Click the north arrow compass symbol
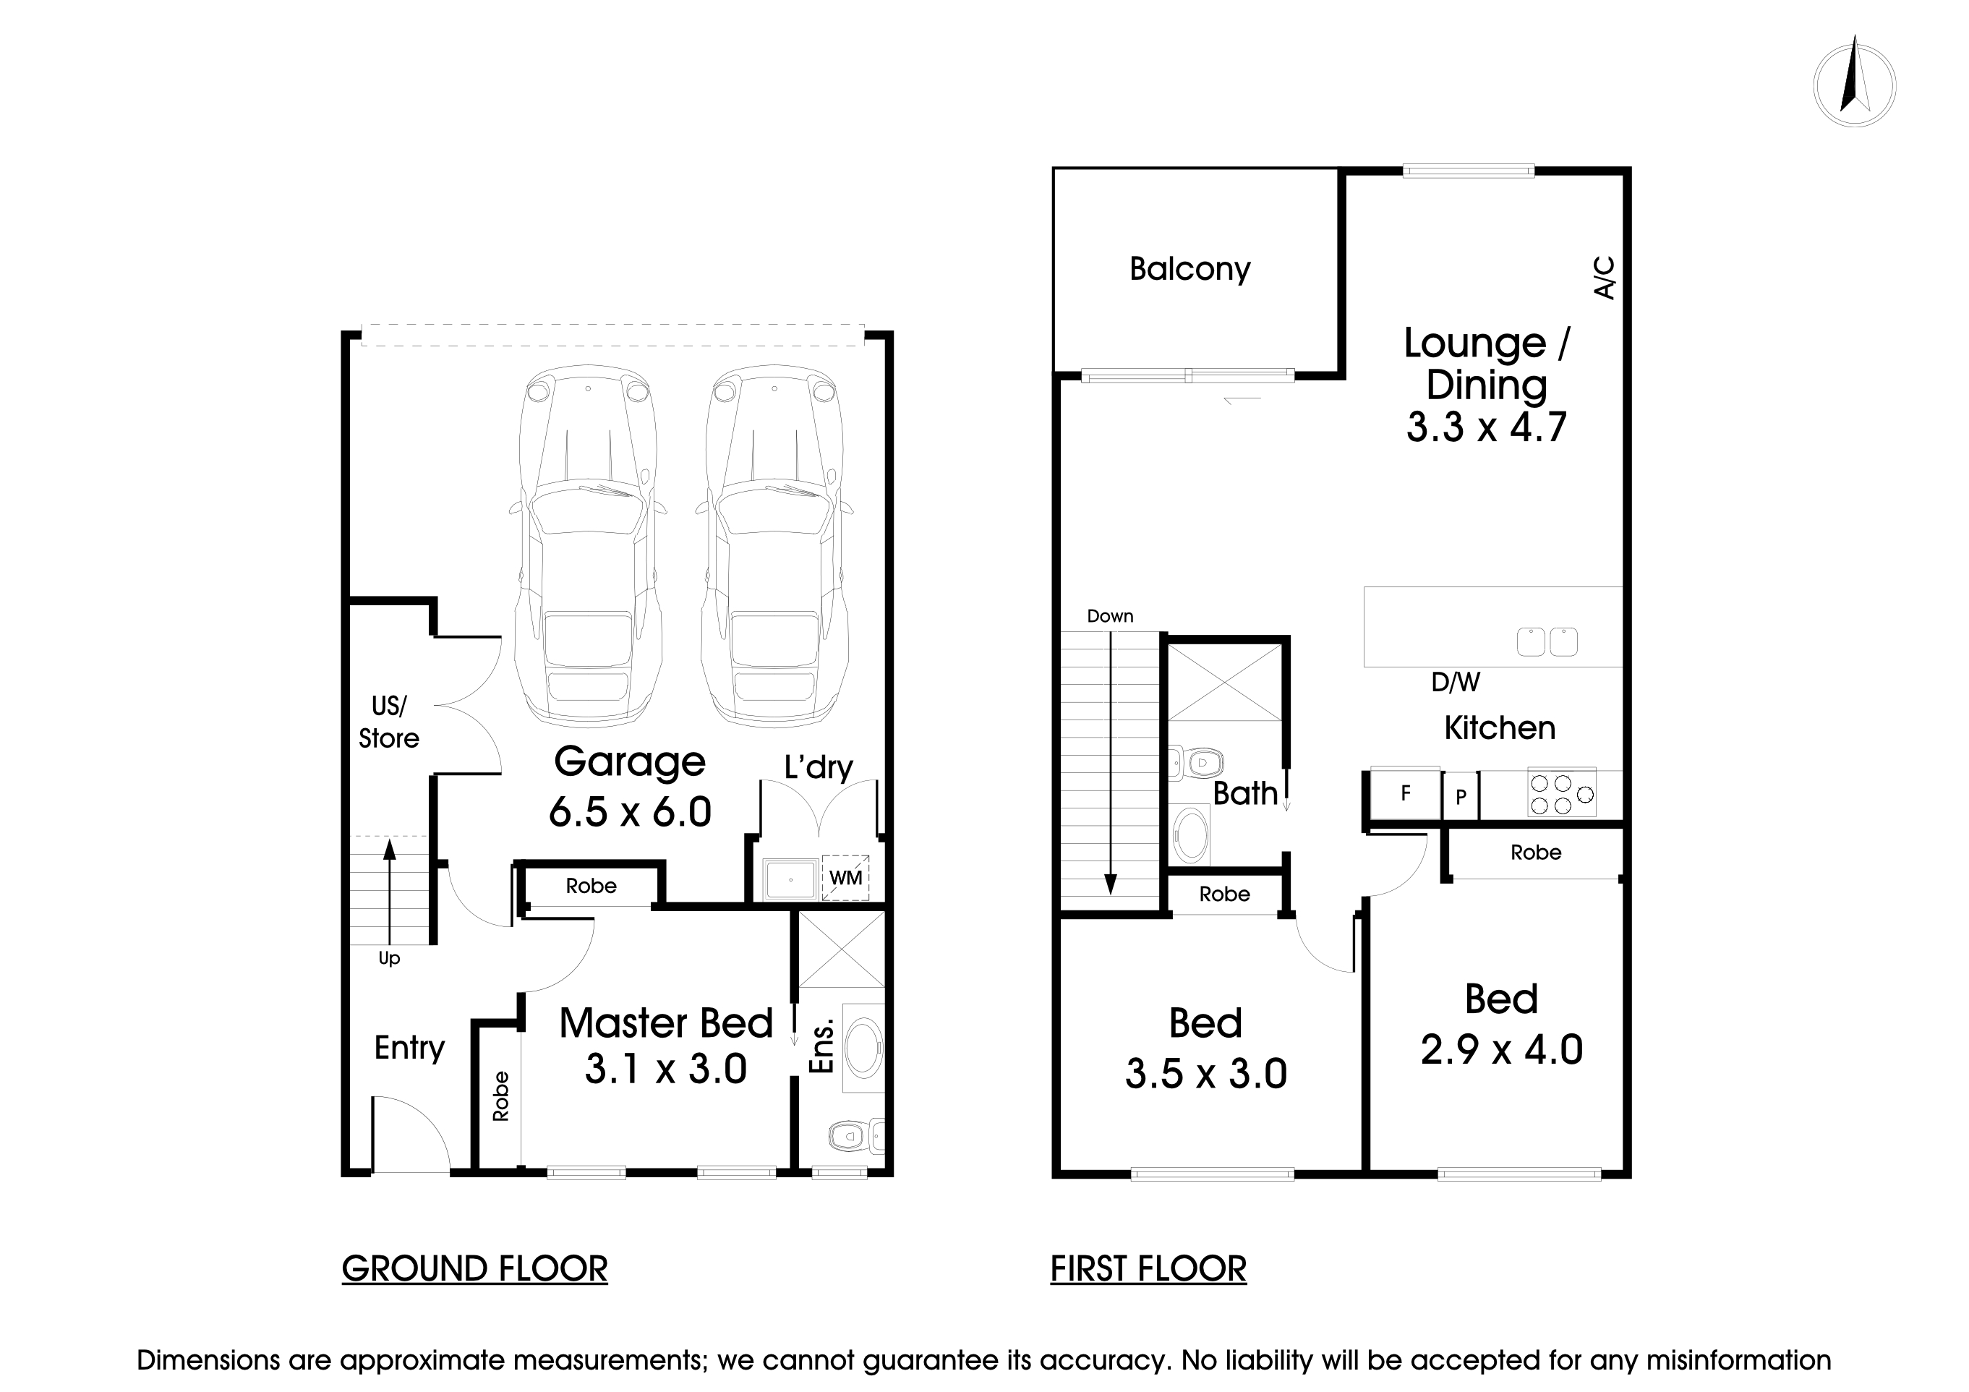tap(1854, 87)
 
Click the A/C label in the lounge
tap(1605, 278)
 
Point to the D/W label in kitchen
tap(1456, 682)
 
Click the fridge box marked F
tap(1405, 793)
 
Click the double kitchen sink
tap(1547, 642)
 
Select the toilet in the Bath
tap(1199, 761)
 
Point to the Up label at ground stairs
tap(388, 958)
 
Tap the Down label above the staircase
tap(1110, 616)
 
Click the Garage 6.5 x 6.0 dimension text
tap(630, 811)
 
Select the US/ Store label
tap(388, 722)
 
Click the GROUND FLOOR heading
tap(474, 1268)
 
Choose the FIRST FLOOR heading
tap(1148, 1268)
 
